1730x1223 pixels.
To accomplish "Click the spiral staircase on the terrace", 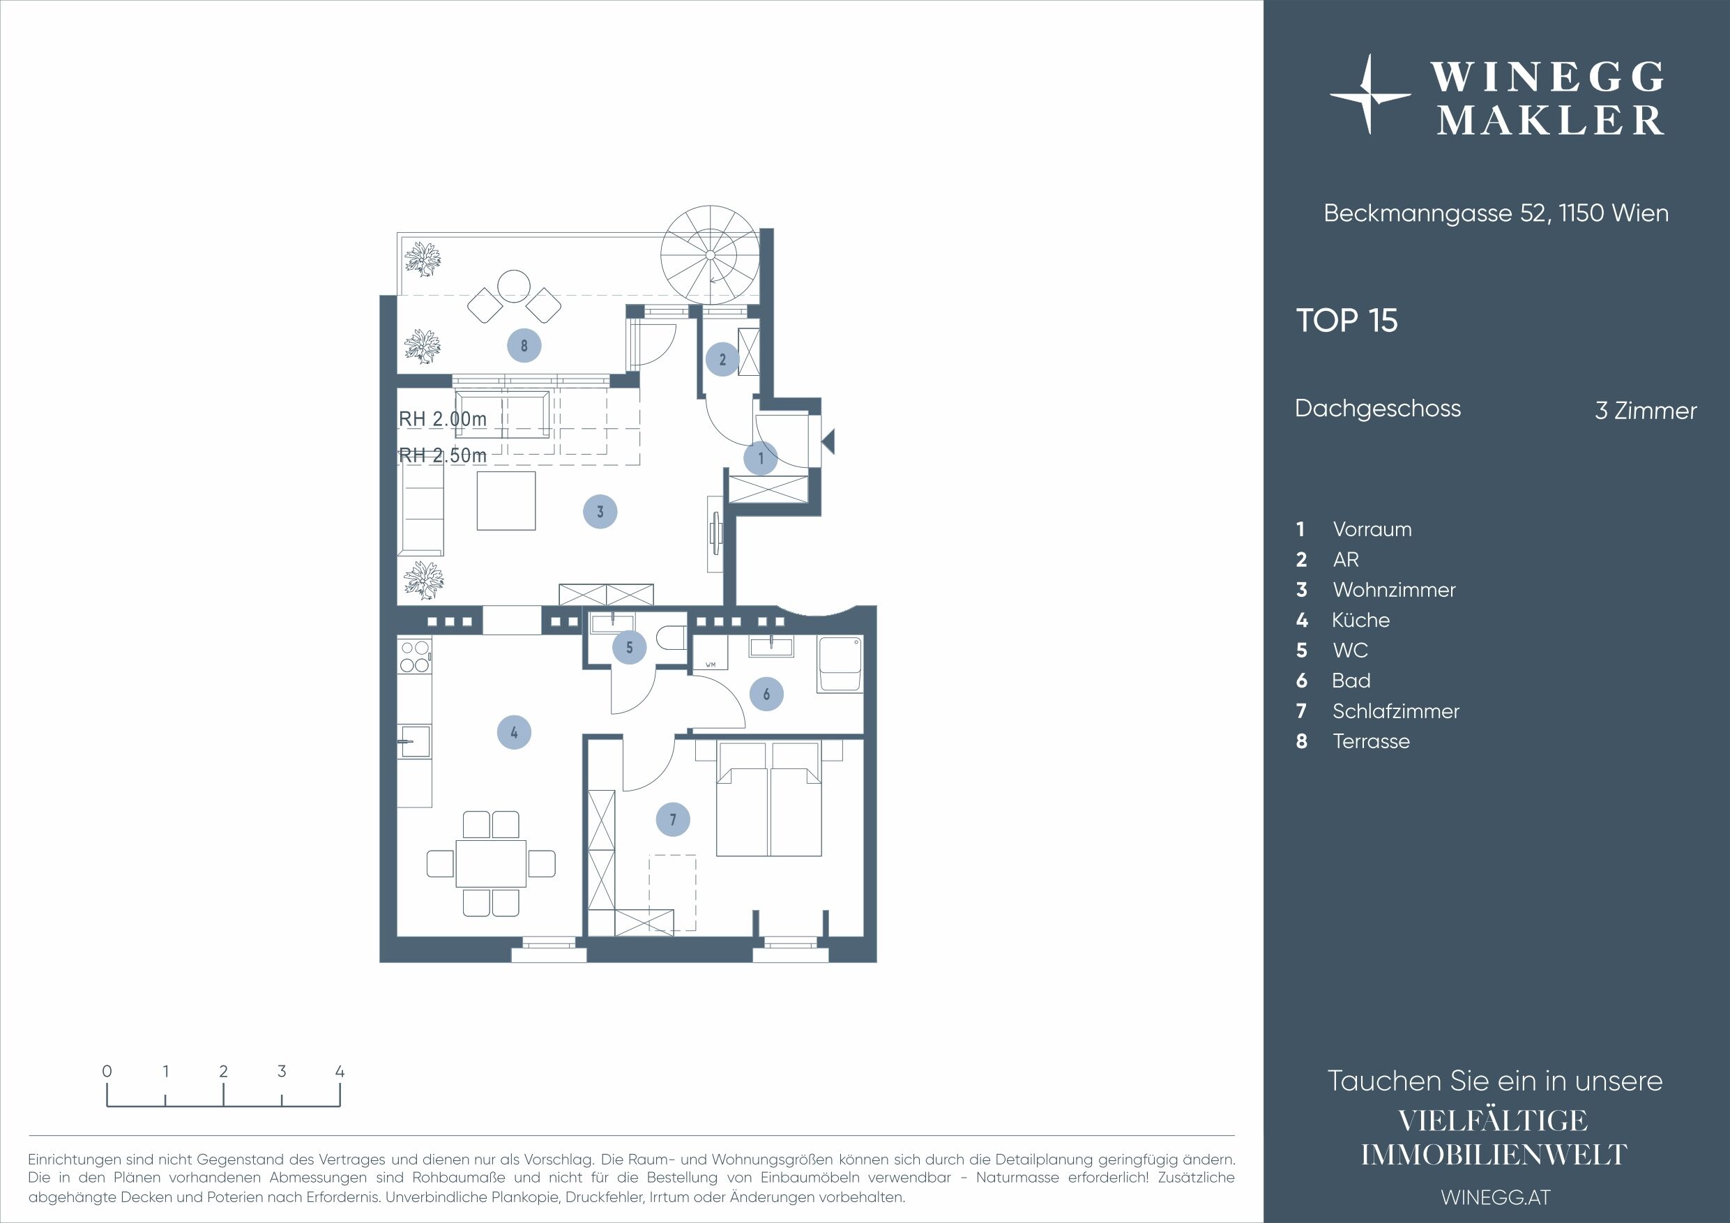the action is pyautogui.click(x=710, y=255).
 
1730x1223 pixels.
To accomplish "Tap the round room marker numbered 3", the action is pyautogui.click(x=600, y=512).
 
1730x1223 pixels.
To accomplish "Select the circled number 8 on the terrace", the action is pyautogui.click(x=524, y=346).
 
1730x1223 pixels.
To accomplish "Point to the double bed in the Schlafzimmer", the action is pyautogui.click(x=768, y=799).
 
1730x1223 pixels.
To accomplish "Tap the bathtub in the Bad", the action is pyautogui.click(x=840, y=664).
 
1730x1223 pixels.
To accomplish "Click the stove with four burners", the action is pyautogui.click(x=414, y=655).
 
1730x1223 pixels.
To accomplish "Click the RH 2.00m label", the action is pyautogui.click(x=442, y=419).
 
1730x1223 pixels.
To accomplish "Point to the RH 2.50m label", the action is pyautogui.click(x=442, y=455).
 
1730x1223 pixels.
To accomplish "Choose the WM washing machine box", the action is pyautogui.click(x=710, y=653).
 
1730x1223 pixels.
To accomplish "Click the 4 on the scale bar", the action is pyautogui.click(x=340, y=1071).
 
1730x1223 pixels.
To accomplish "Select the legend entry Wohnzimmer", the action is pyautogui.click(x=1394, y=589).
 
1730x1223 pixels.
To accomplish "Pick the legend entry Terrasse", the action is pyautogui.click(x=1371, y=740).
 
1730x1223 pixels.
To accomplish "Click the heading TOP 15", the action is pyautogui.click(x=1346, y=320).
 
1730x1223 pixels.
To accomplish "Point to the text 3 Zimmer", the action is pyautogui.click(x=1646, y=411).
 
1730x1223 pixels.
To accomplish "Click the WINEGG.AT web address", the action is pyautogui.click(x=1496, y=1197).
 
